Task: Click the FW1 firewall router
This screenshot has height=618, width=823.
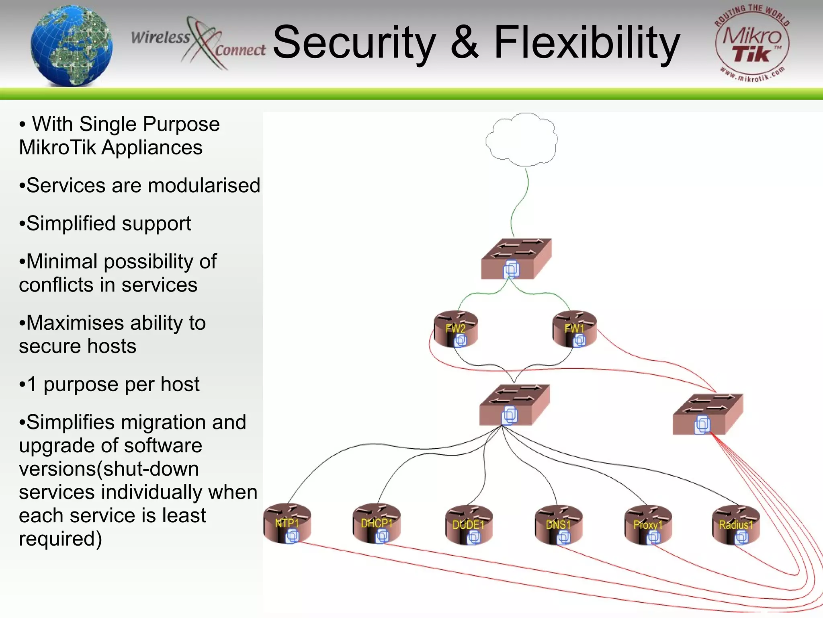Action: (575, 329)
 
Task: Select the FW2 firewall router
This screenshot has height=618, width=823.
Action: (456, 329)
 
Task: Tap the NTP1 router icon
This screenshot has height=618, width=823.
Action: (287, 524)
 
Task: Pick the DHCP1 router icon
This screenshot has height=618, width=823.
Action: (377, 524)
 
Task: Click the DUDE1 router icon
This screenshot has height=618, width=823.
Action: (469, 525)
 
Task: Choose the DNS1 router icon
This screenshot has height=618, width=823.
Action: (558, 525)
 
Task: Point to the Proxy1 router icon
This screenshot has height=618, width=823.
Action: (648, 525)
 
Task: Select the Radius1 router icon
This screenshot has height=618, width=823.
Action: (736, 525)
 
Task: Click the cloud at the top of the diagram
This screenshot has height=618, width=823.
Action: (522, 140)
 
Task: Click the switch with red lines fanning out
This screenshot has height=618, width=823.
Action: (708, 414)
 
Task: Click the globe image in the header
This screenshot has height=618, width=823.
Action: (72, 45)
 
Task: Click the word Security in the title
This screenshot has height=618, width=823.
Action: (354, 43)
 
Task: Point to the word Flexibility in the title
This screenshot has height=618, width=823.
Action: (587, 43)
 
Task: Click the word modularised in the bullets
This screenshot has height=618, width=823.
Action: (204, 185)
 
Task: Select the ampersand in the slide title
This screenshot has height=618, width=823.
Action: (465, 43)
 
